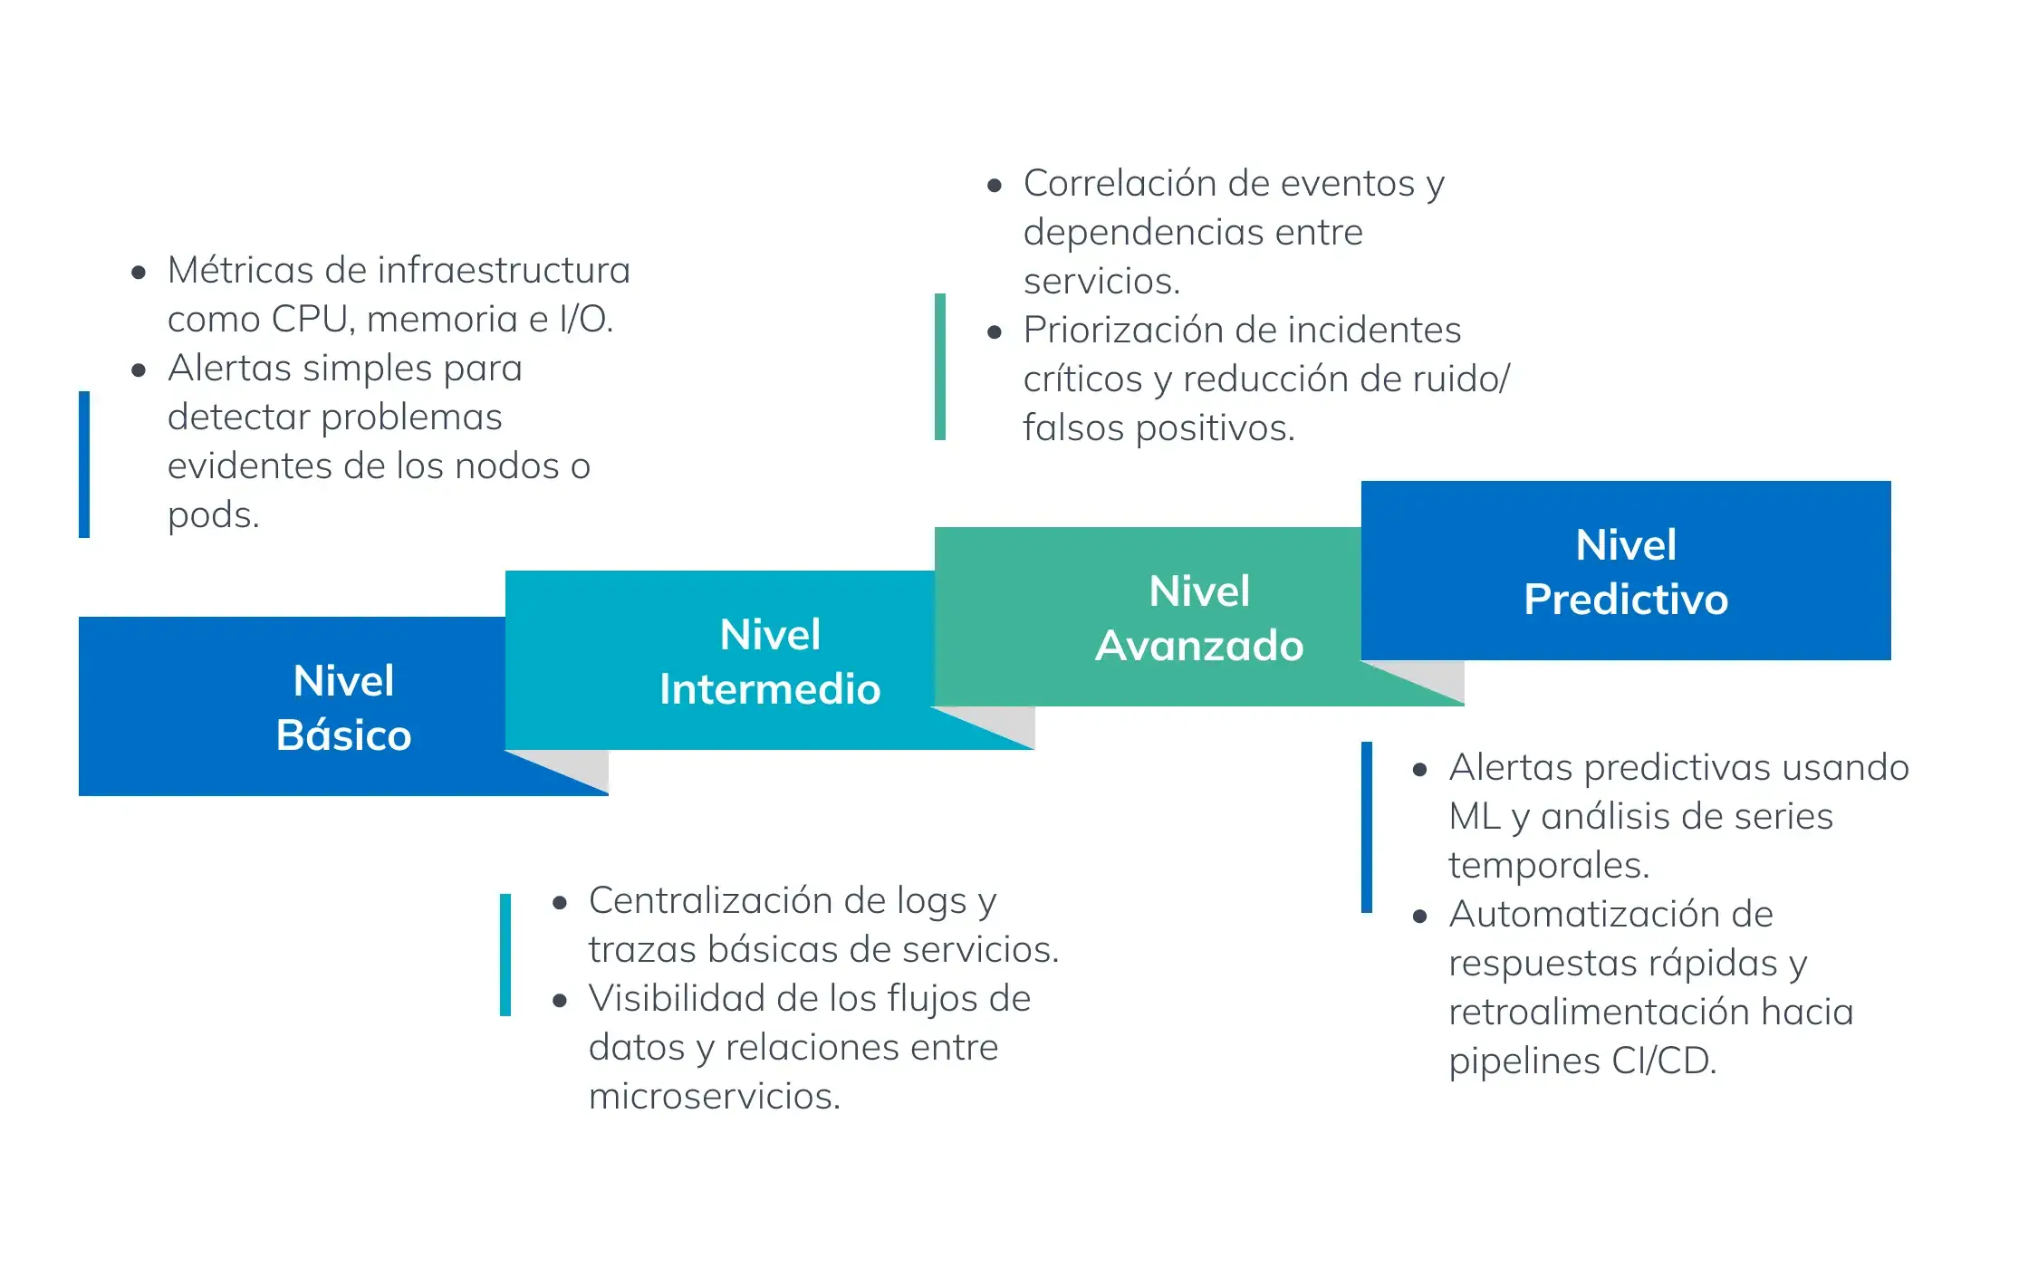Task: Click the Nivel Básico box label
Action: click(343, 707)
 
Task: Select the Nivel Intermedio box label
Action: click(770, 661)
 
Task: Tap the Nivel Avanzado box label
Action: click(1199, 619)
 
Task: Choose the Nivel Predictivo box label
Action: click(1626, 571)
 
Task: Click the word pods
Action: click(212, 515)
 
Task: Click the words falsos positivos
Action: click(1158, 428)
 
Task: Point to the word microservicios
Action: click(714, 1097)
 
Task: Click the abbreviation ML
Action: click(1475, 817)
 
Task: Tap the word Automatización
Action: click(1610, 915)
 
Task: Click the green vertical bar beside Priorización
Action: click(940, 367)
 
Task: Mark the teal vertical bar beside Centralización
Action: click(505, 955)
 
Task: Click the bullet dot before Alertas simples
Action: click(139, 370)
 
